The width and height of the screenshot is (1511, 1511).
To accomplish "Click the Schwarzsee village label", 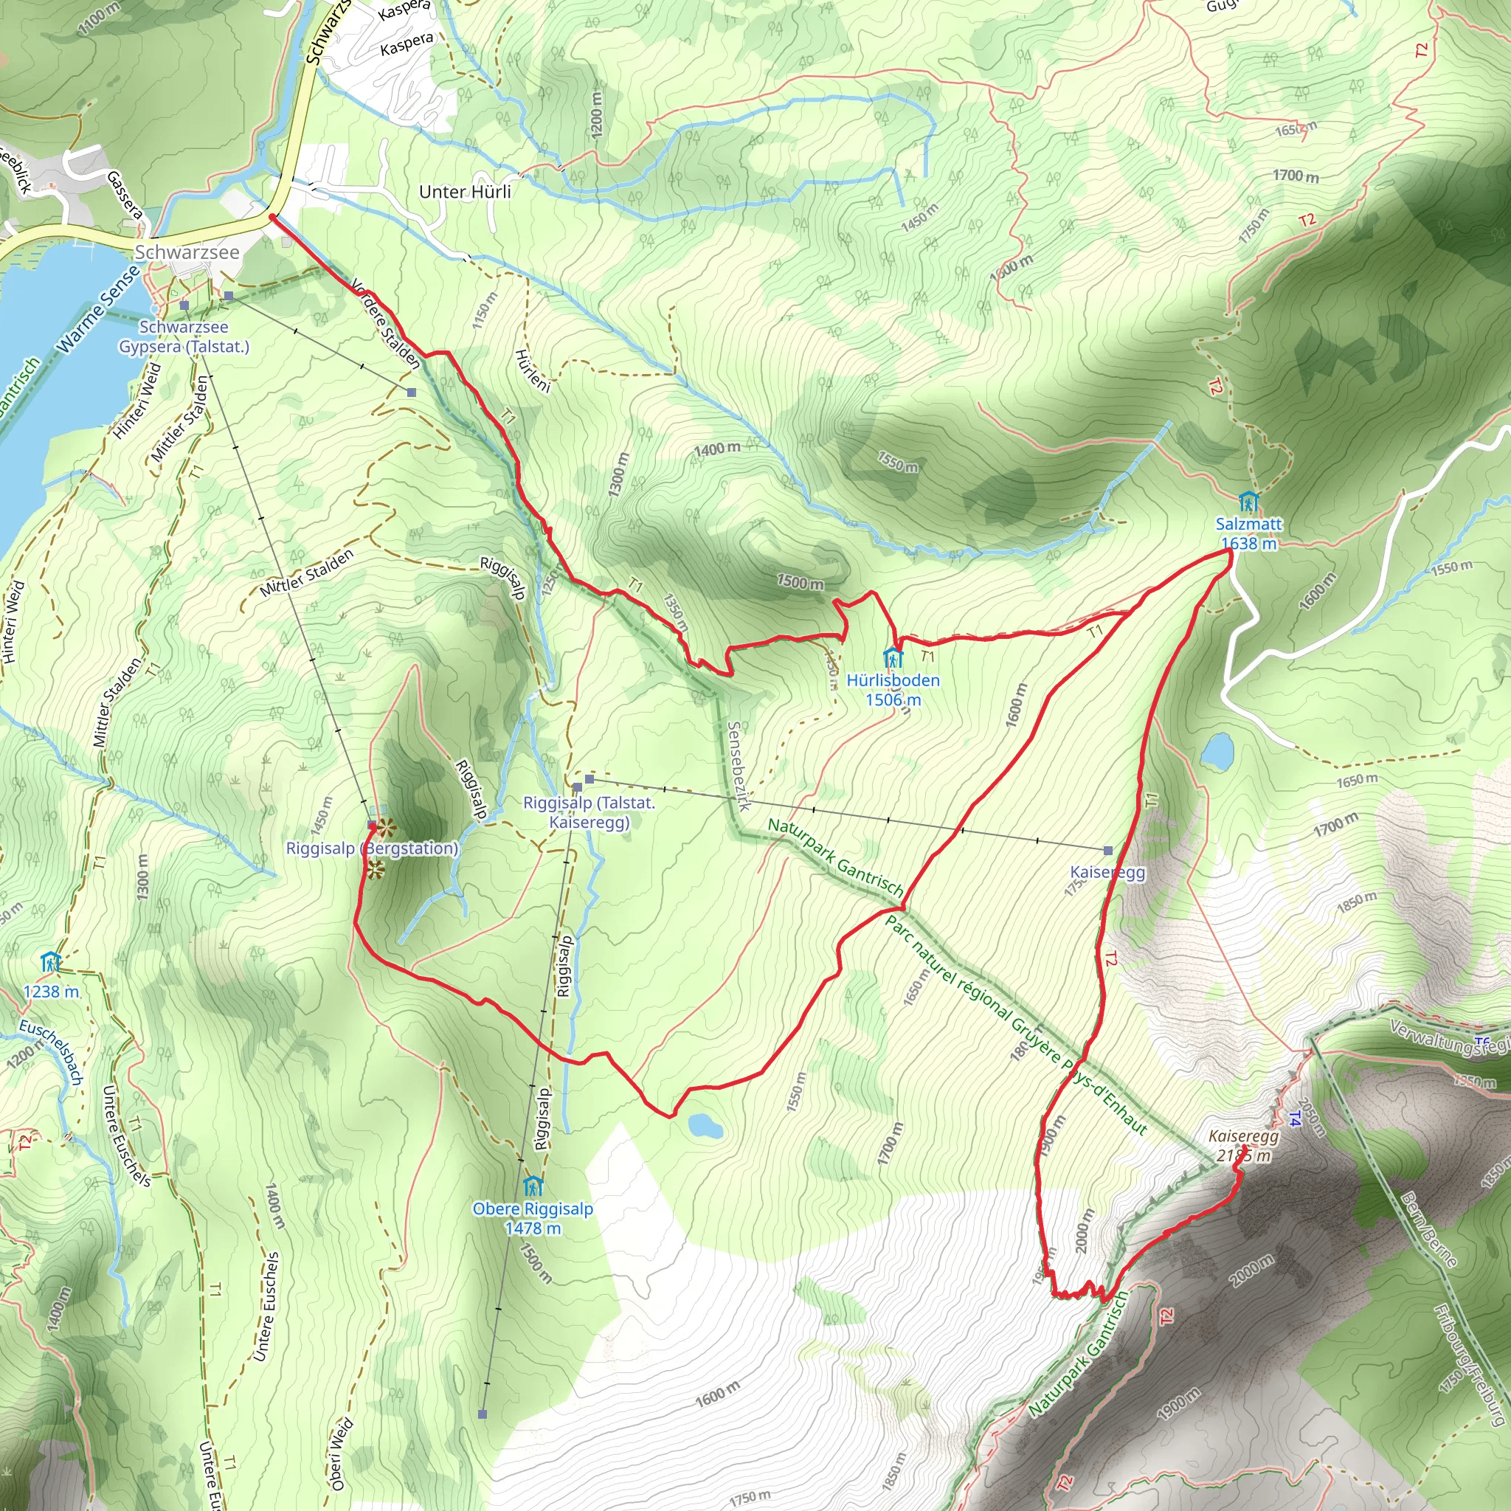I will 187,252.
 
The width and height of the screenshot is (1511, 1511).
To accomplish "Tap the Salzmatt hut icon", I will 1248,500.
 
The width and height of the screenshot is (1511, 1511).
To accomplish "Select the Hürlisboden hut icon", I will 893,657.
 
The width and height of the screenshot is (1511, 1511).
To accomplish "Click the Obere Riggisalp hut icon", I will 533,1186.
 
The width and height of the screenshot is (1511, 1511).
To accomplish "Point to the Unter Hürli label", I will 465,192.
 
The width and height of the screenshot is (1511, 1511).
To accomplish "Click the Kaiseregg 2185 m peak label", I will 1243,1146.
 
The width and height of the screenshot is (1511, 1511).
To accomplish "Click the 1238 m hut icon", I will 51,961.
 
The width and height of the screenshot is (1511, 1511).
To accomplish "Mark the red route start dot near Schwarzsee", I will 272,217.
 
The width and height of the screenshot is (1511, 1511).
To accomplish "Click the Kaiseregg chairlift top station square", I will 1107,850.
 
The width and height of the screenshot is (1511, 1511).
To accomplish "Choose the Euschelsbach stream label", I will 52,1051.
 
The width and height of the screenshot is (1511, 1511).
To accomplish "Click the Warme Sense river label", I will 99,308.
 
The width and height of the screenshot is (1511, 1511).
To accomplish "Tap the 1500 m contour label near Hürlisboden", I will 800,583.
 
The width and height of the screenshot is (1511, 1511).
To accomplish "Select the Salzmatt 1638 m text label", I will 1248,533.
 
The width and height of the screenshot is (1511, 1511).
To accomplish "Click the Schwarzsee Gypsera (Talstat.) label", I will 184,336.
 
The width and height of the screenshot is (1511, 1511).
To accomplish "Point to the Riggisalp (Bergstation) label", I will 372,848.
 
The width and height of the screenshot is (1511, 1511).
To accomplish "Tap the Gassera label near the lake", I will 125,195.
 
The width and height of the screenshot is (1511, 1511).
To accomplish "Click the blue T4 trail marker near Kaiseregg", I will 1294,1119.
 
